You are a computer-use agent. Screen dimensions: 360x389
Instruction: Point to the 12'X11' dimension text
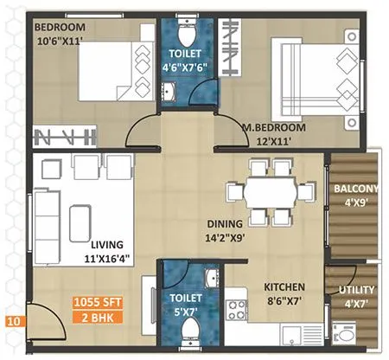(x=272, y=140)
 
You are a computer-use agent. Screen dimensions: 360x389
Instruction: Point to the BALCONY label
(x=355, y=190)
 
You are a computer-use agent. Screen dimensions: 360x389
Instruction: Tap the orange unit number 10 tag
(x=13, y=323)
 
